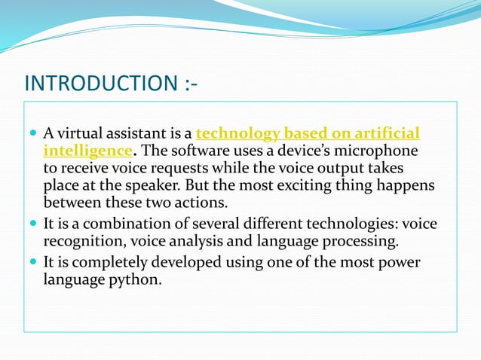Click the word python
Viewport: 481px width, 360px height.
pyautogui.click(x=140, y=281)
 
